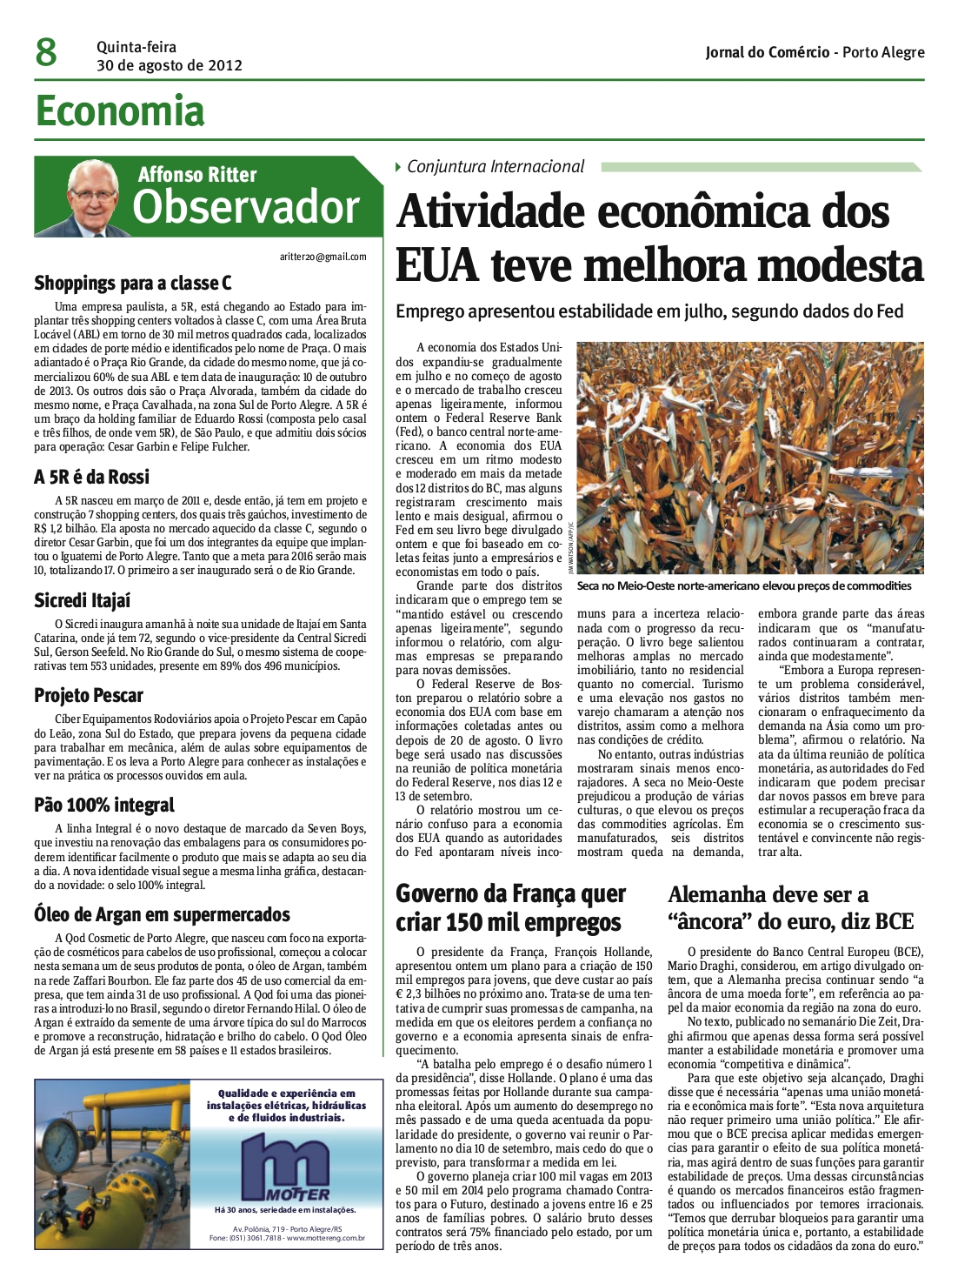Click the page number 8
coord(46,53)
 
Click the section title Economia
coord(120,111)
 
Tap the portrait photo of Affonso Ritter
coord(95,199)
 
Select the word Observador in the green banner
coord(246,208)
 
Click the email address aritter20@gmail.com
coord(323,257)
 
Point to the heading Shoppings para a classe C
coord(133,283)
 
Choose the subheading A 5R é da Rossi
coord(91,477)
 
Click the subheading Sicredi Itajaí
coord(83,600)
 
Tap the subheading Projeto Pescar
coord(89,695)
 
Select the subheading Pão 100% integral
coord(104,805)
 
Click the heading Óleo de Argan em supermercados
coord(162,914)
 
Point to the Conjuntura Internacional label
coord(496,166)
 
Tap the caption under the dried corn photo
coord(744,585)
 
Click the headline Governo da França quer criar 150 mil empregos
coord(510,907)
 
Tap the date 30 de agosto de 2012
coord(170,65)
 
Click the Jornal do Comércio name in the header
coord(768,52)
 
